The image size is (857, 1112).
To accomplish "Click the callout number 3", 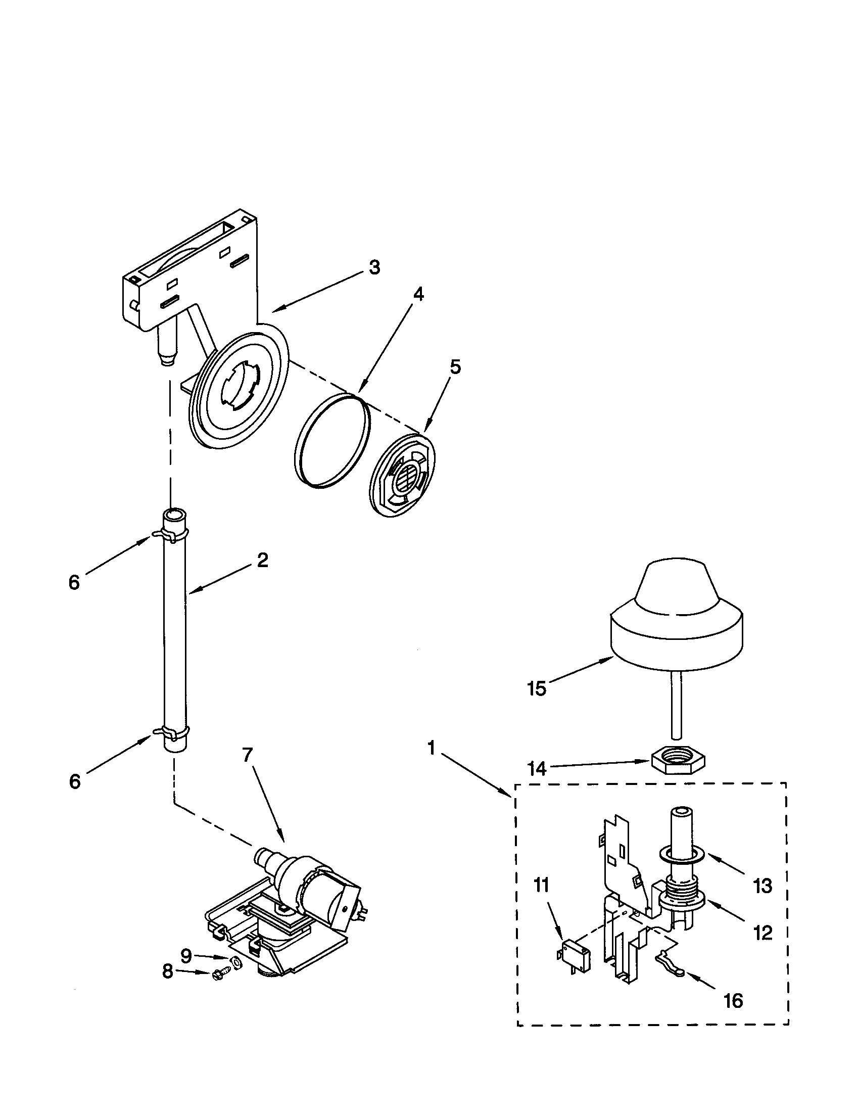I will point(374,267).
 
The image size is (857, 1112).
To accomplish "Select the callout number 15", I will point(537,689).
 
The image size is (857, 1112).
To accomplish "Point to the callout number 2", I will point(262,560).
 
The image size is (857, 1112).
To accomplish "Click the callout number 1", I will point(432,749).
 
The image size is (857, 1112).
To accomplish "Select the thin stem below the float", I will point(676,705).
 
